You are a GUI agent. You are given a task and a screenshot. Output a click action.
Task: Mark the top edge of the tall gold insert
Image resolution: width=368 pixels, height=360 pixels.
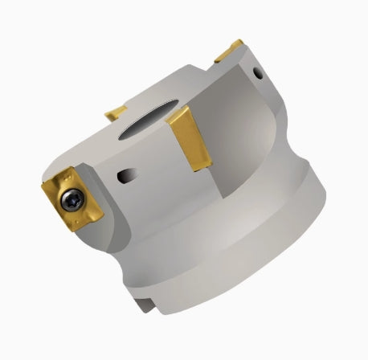182,114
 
